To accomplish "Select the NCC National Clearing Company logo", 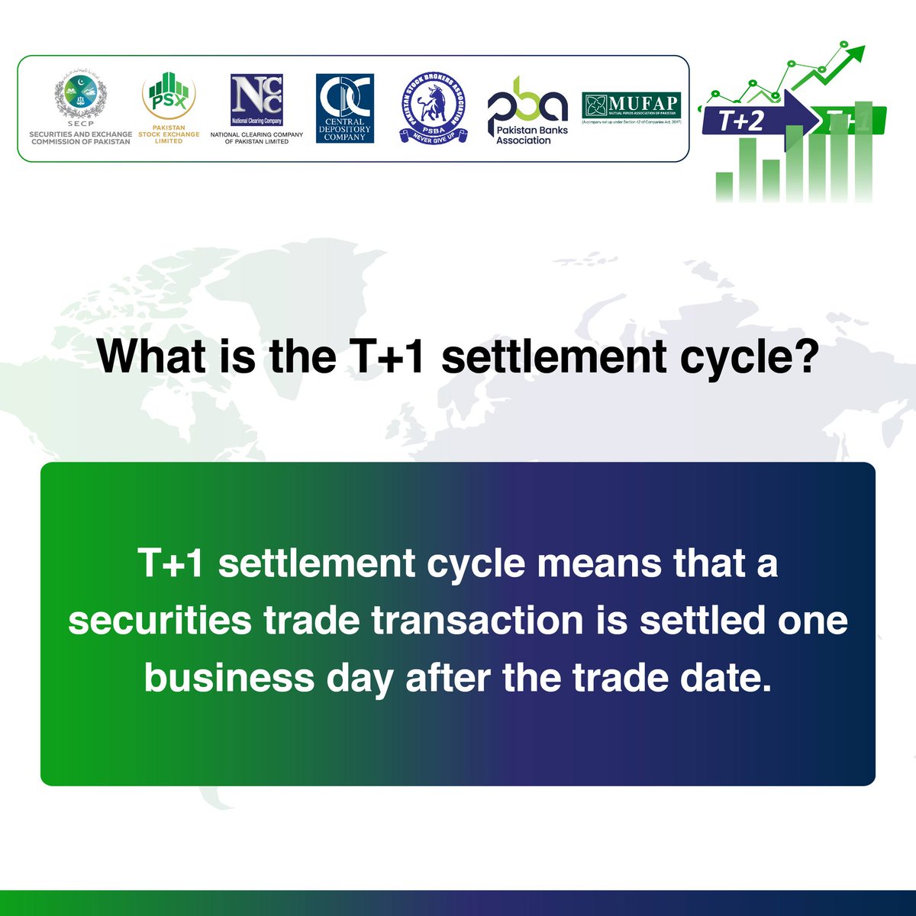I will [256, 100].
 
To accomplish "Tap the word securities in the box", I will [160, 621].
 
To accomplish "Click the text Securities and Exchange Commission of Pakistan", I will [81, 137].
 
